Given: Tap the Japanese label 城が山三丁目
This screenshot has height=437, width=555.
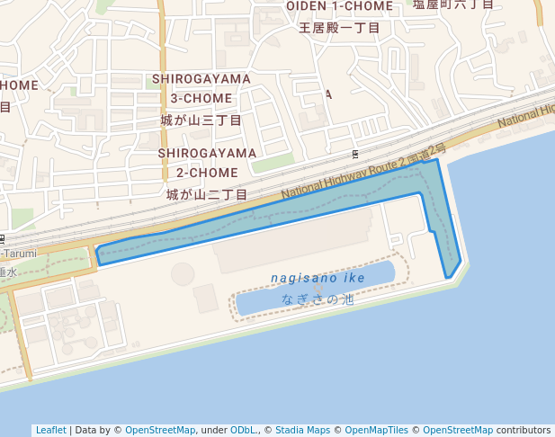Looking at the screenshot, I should [201, 120].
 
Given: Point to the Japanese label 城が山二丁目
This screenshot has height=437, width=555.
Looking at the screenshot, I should [207, 194].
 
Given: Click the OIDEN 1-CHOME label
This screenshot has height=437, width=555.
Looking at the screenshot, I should [339, 6].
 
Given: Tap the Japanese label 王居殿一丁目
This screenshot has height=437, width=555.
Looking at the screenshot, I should [339, 28].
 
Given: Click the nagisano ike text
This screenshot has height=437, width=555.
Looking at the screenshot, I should [318, 278].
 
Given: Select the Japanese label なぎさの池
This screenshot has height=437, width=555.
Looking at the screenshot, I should [318, 299].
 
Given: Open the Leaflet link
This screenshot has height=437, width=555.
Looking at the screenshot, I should [50, 430].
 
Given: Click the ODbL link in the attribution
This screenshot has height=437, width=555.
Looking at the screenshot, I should [243, 430].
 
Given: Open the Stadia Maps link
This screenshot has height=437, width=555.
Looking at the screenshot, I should [302, 430].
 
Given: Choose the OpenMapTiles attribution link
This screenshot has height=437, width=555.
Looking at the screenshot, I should [377, 430].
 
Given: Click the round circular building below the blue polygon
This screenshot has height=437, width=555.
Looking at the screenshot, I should [183, 272].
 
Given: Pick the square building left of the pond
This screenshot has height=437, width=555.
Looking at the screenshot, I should [206, 298].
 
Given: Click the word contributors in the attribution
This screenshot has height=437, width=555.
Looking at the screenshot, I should [524, 430].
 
